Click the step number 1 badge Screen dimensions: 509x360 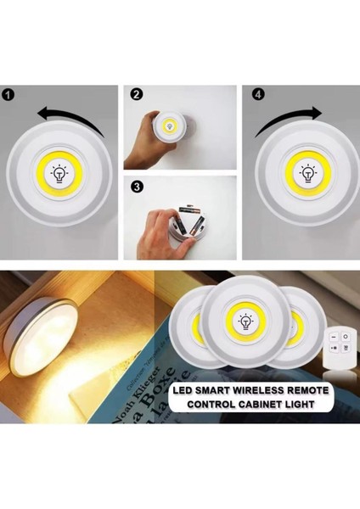click(x=7, y=95)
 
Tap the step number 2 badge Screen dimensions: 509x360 click(x=136, y=95)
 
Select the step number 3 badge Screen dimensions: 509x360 click(x=136, y=184)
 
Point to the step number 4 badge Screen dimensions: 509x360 click(x=256, y=95)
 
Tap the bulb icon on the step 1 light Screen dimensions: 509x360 click(x=59, y=174)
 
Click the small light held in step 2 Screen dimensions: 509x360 click(x=168, y=127)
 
